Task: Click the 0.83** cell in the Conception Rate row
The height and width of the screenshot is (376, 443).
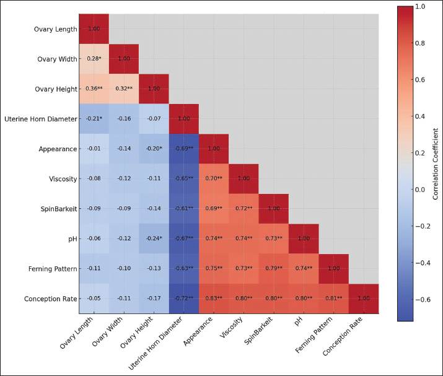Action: tap(214, 299)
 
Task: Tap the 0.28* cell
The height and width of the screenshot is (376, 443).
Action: tap(94, 59)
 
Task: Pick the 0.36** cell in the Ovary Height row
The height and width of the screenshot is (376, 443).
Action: tap(94, 89)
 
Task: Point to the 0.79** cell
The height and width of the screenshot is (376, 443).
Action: tap(274, 268)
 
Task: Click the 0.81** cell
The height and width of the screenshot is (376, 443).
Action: tap(334, 299)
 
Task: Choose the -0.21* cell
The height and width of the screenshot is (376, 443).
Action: tap(94, 119)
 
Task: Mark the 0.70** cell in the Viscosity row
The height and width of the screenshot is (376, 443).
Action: tap(214, 178)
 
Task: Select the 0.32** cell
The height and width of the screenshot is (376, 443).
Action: tap(124, 89)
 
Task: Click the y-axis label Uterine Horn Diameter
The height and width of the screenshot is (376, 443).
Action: tap(40, 119)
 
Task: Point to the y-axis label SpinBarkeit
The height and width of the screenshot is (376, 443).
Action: tap(58, 209)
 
